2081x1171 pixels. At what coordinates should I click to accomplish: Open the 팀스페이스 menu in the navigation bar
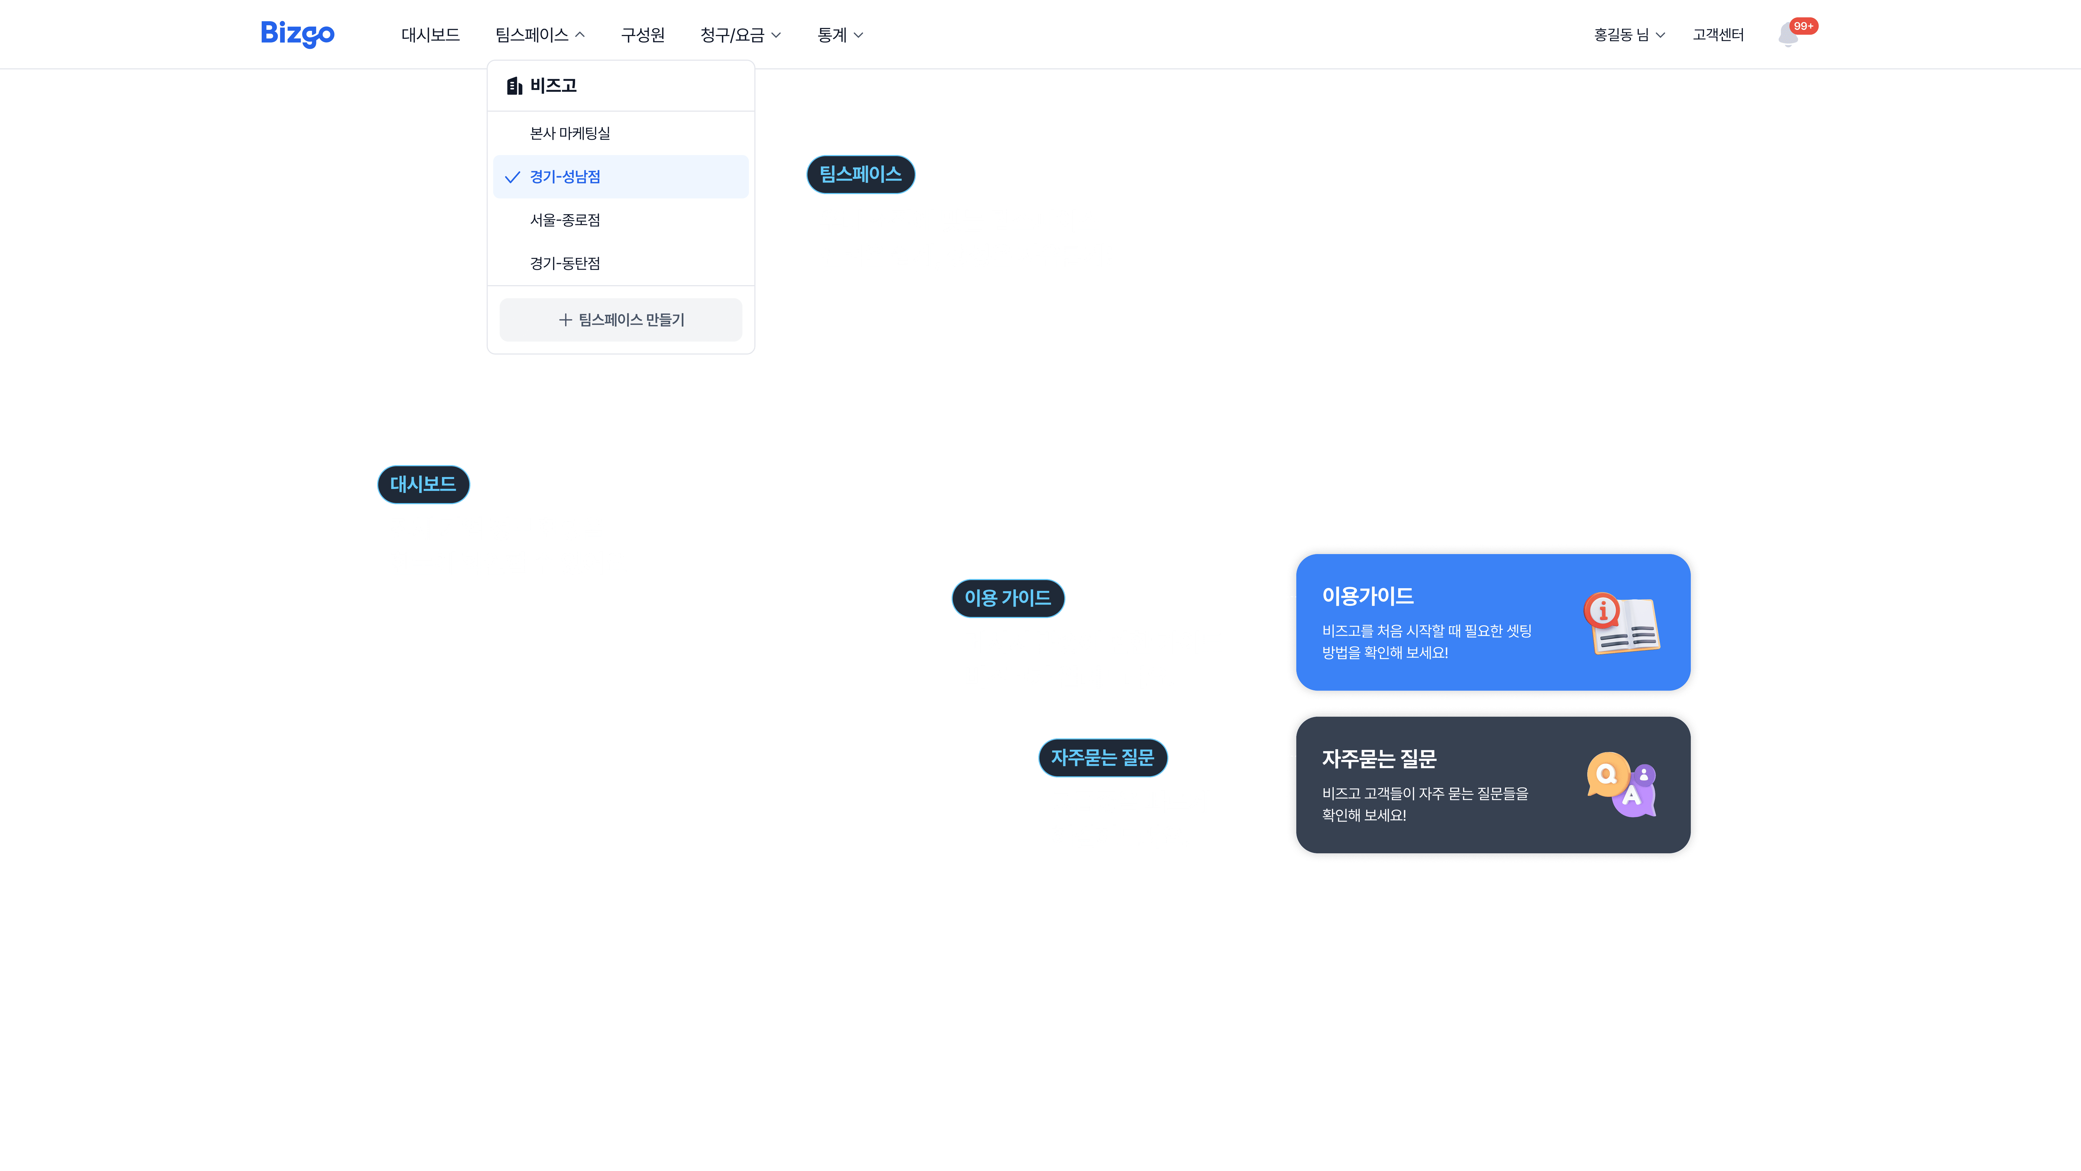[539, 35]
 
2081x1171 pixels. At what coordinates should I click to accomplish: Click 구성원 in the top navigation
[642, 35]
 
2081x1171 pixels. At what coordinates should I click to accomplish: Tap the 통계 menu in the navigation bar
[839, 35]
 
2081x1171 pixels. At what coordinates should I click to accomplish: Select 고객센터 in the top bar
[1718, 35]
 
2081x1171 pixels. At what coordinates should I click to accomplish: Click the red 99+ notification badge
[1803, 26]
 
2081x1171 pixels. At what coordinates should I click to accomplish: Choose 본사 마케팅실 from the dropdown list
[570, 133]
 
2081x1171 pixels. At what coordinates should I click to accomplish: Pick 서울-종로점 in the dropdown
[565, 220]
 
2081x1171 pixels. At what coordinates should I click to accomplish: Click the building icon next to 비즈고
[514, 86]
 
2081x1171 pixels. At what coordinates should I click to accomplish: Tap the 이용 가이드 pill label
[1007, 598]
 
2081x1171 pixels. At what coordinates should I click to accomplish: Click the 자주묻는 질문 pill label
[1102, 757]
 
